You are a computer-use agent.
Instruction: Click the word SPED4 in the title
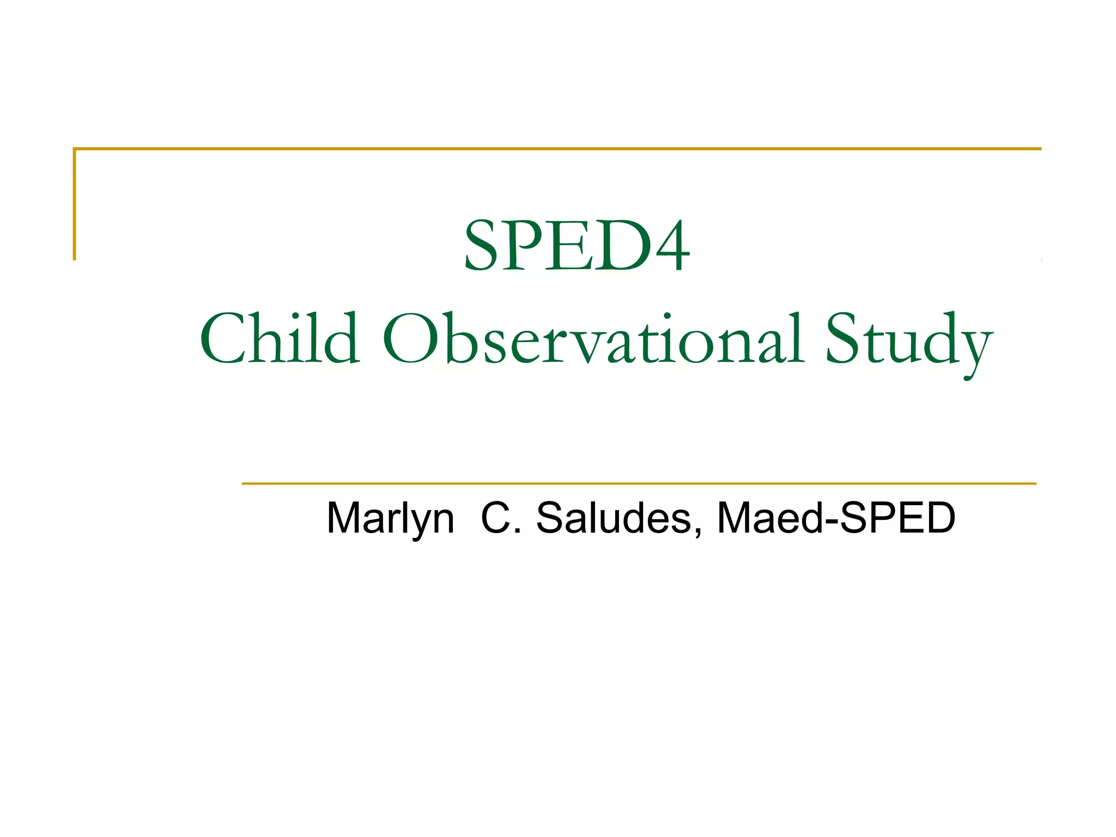click(577, 245)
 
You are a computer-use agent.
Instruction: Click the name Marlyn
click(390, 518)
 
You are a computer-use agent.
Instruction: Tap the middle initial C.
click(495, 518)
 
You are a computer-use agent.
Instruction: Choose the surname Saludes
click(614, 518)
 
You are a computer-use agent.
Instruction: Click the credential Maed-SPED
click(836, 518)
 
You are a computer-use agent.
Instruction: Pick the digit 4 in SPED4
click(672, 246)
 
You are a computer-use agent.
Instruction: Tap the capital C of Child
click(224, 338)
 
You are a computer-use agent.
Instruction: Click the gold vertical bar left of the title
click(75, 204)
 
